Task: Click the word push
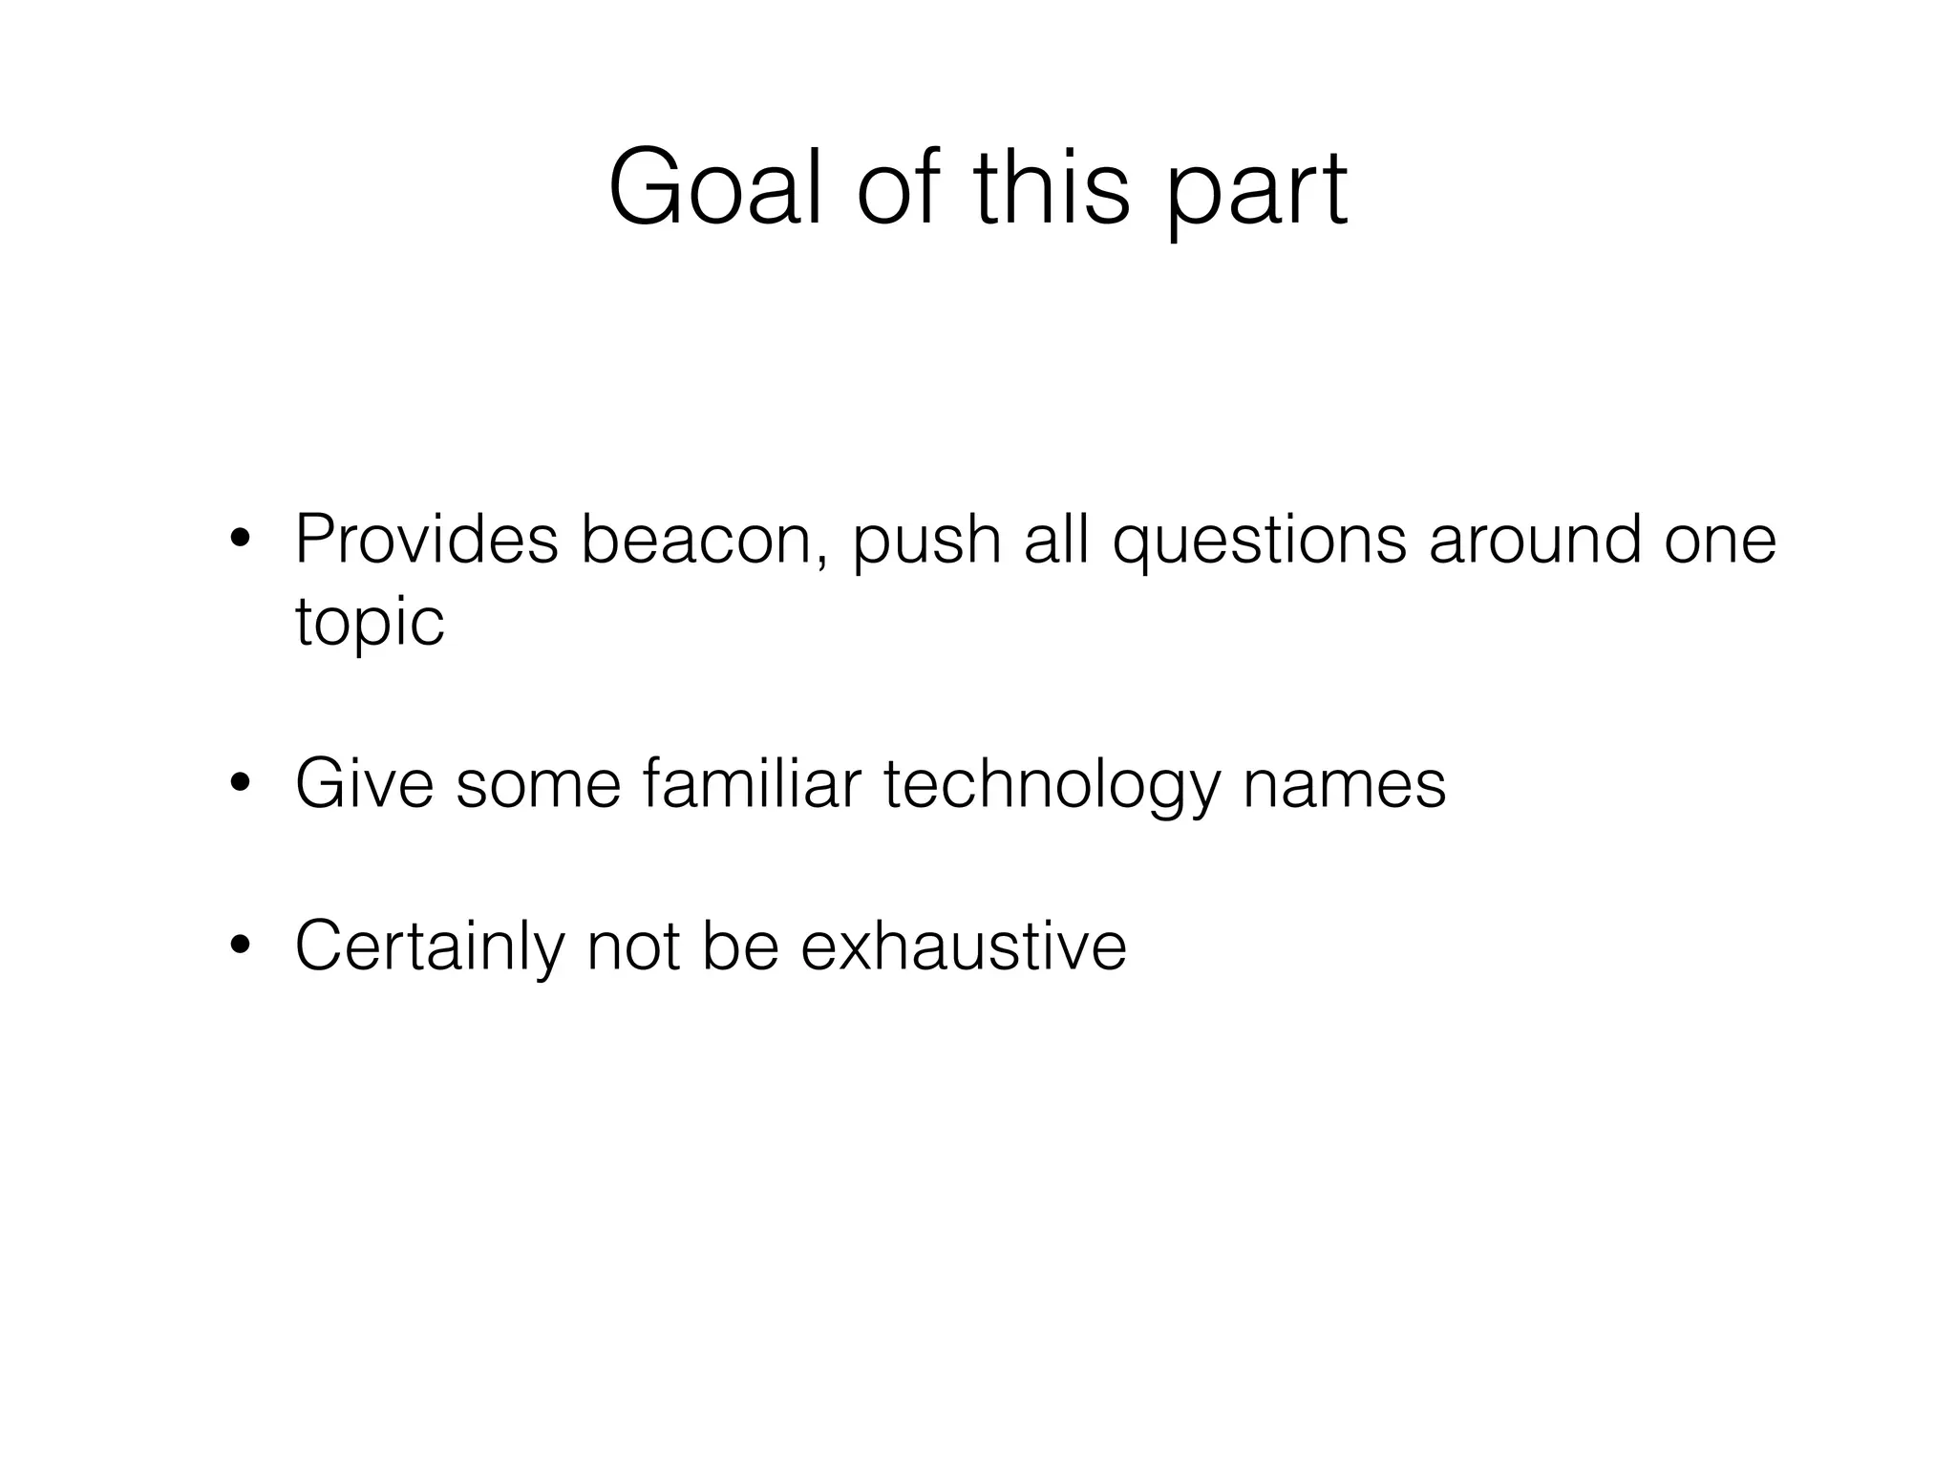coord(926,540)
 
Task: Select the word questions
coord(1260,540)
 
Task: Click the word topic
coord(370,622)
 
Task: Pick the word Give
coord(364,784)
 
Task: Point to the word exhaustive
coord(964,946)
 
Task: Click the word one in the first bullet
coord(1720,540)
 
